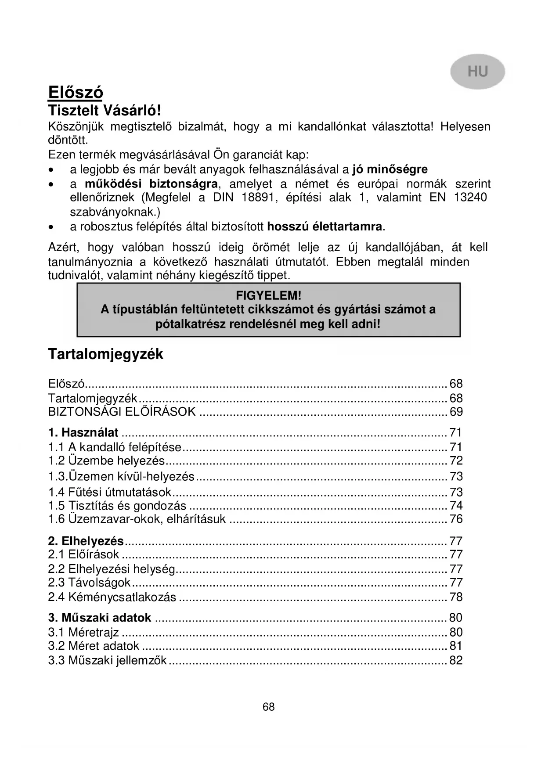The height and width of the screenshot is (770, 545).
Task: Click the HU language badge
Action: (x=477, y=72)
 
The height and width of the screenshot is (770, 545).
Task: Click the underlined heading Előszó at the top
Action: (x=76, y=92)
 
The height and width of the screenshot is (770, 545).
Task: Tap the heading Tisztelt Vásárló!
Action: (x=105, y=110)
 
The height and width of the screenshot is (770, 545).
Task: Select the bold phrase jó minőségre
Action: (x=390, y=169)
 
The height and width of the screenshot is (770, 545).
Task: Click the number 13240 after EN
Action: (x=470, y=198)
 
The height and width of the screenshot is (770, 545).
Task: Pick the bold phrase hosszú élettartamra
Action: (x=325, y=227)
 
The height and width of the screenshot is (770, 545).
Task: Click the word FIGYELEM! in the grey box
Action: (x=268, y=295)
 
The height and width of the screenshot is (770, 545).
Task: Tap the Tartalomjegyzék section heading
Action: (x=105, y=354)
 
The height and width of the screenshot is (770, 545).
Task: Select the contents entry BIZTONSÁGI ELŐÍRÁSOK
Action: (x=122, y=412)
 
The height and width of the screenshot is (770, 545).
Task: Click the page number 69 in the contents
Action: (x=456, y=412)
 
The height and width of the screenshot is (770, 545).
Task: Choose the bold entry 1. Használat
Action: (x=83, y=432)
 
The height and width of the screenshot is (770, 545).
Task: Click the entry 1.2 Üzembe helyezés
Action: (x=106, y=461)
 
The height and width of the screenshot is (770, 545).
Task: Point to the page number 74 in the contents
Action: (x=456, y=505)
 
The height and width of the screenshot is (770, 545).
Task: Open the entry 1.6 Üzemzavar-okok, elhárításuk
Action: (x=137, y=519)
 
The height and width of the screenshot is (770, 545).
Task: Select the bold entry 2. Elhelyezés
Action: (x=86, y=541)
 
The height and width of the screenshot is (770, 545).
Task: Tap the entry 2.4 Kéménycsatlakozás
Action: (x=112, y=597)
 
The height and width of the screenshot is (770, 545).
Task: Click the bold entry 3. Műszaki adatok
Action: (x=100, y=618)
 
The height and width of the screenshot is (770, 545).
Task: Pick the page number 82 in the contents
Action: (x=456, y=660)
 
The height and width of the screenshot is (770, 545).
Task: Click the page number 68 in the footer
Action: (x=268, y=707)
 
